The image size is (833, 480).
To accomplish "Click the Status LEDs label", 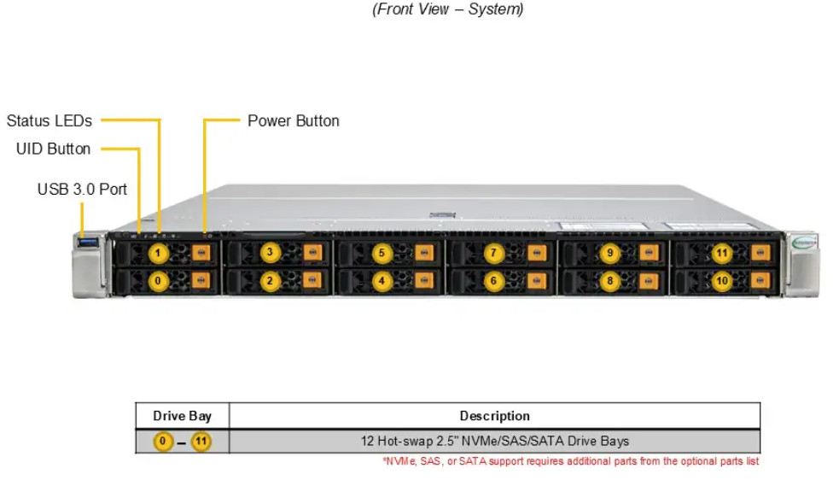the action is (x=50, y=121).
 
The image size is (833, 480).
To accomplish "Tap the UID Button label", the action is (x=53, y=149).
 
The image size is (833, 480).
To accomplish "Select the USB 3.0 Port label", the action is (x=82, y=190).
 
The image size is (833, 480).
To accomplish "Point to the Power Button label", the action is (x=294, y=121).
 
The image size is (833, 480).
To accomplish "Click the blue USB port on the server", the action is (x=88, y=243).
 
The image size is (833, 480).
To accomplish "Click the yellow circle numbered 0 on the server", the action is (x=158, y=281).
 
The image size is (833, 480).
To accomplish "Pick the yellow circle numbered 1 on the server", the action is (x=158, y=254).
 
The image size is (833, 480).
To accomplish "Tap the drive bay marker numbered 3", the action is (x=270, y=252).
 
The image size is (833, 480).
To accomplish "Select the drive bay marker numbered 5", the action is (x=382, y=253).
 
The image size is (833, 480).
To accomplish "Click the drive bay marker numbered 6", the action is (x=493, y=281).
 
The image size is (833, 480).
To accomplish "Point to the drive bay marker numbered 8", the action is (x=610, y=281).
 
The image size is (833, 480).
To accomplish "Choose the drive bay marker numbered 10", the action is (x=722, y=281).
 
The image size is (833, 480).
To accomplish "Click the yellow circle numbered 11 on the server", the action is (x=722, y=253).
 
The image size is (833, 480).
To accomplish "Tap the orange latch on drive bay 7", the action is (x=537, y=253).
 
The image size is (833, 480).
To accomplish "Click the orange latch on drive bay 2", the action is (x=312, y=279).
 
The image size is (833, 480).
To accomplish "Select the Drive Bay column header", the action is (x=183, y=416).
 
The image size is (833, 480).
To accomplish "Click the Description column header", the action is (x=495, y=416).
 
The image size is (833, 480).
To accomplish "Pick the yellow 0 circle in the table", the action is (x=163, y=442).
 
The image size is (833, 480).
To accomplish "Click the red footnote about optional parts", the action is (x=571, y=461).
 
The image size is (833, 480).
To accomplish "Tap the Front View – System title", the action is (x=448, y=9).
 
